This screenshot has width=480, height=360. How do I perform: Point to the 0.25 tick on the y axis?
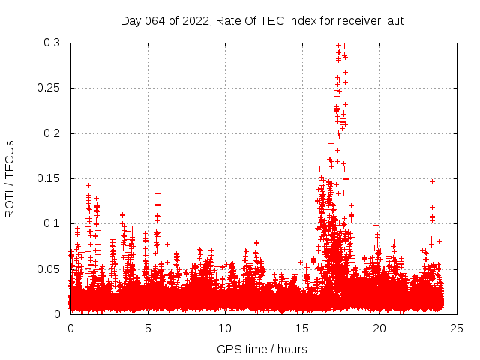coord(50,88)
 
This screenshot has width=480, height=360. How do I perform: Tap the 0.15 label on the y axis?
coord(50,178)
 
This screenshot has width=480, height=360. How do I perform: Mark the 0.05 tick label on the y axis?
coord(50,268)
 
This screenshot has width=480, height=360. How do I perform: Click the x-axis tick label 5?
coord(148,328)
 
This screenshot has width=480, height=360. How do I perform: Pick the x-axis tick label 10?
coord(225,328)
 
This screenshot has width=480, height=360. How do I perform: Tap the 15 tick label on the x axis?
coord(302,328)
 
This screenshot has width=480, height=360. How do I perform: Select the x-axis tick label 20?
coord(379,328)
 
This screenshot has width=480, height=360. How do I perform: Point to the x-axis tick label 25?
coord(457,328)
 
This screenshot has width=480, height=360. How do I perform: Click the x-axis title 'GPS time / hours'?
coord(262,349)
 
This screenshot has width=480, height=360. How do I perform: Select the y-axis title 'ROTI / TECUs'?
coord(10,178)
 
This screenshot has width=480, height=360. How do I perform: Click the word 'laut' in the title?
coord(392,20)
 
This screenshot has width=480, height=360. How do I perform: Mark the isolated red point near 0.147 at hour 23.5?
coord(432,181)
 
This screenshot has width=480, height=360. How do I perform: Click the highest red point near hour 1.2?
coord(88,185)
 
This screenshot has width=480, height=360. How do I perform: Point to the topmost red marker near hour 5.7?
coord(157,193)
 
